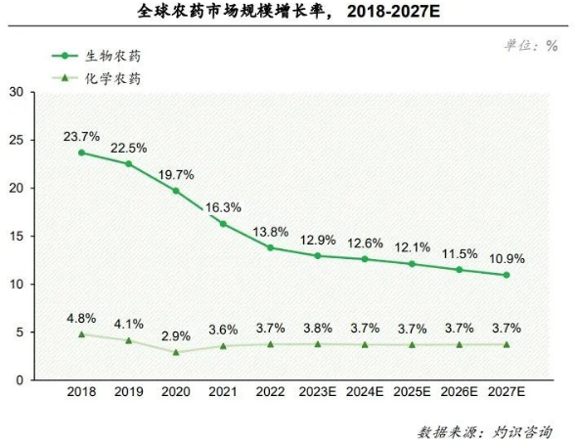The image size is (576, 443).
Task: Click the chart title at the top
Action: point(288,13)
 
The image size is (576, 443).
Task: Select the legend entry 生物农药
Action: point(104,57)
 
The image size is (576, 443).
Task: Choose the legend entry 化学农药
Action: point(104,77)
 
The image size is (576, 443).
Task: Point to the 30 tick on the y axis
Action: point(17,92)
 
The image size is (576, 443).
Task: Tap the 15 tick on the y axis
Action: point(17,236)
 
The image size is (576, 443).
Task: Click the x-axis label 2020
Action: point(176,392)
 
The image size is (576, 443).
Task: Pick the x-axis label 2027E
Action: point(507,392)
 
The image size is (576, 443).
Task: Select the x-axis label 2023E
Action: point(317,392)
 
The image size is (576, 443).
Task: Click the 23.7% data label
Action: point(81,136)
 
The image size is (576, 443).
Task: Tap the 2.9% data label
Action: point(176,334)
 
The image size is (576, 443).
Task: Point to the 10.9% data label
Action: point(507,259)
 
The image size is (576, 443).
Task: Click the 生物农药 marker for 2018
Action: point(81,153)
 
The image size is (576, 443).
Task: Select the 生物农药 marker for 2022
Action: point(270,247)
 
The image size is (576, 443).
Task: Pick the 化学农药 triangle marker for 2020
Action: point(176,352)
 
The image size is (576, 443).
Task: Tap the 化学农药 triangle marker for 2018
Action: point(81,334)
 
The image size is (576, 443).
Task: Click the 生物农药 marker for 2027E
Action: point(507,275)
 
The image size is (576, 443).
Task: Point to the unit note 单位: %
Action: point(531,45)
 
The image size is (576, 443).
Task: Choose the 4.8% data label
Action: point(81,317)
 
